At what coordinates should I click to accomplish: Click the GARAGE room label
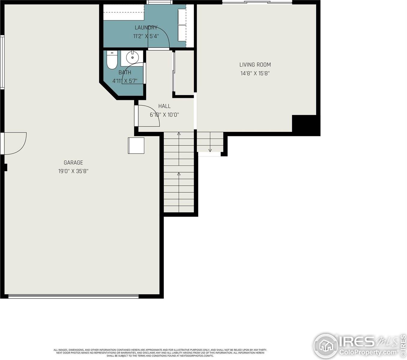coord(73,163)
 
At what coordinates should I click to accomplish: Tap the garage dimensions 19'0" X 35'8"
coord(73,171)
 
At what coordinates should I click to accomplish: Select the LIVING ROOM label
coord(255,64)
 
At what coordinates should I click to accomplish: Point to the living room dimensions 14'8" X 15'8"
coord(255,73)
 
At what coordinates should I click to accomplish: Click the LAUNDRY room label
coord(146,28)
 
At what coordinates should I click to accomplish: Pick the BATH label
coord(125,72)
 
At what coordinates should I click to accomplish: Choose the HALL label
coord(164,106)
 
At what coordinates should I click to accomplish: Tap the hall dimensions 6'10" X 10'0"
coord(164,115)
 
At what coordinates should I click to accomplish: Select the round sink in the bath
coord(132,57)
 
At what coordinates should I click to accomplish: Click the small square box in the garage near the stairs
coord(136,145)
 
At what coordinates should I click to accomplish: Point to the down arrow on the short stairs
coord(210,150)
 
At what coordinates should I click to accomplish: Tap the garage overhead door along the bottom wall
coord(73,296)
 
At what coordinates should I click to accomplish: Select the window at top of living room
coord(257,3)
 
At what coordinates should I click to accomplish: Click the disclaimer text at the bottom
coord(160,352)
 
